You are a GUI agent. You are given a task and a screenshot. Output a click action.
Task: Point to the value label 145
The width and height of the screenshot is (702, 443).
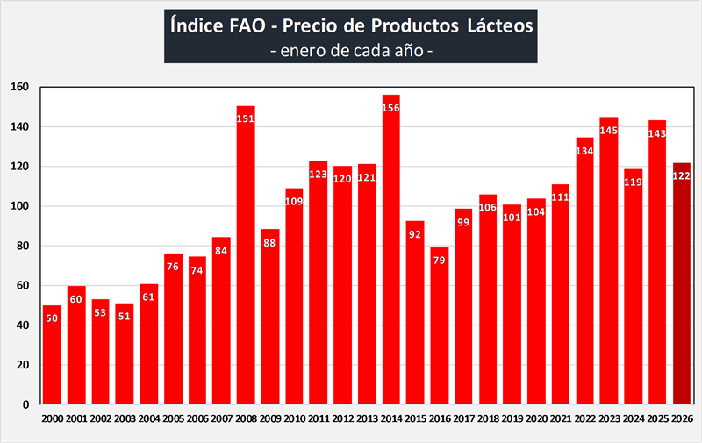point(609,131)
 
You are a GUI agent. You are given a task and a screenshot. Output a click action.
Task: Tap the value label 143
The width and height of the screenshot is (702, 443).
point(657,134)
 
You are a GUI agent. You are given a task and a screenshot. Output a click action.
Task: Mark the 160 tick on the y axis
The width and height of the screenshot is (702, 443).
point(21,87)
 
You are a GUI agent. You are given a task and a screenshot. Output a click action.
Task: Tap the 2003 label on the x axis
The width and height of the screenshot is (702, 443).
point(125,419)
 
